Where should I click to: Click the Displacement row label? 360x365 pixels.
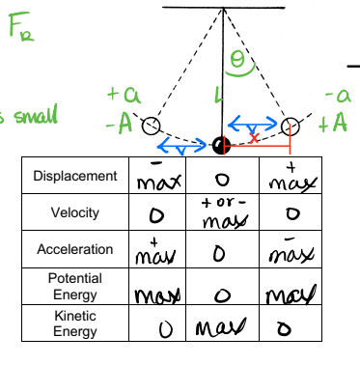[74, 177]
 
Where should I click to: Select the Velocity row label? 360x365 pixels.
[74, 211]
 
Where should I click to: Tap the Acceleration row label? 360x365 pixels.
[74, 249]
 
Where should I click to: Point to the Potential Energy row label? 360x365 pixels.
[74, 286]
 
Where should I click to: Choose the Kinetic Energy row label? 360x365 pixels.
[74, 323]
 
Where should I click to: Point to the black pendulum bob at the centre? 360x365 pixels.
[221, 146]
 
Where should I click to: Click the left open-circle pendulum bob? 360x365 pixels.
[150, 126]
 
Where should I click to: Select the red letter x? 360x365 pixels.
[254, 138]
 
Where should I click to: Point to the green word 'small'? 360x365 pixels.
[29, 116]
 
